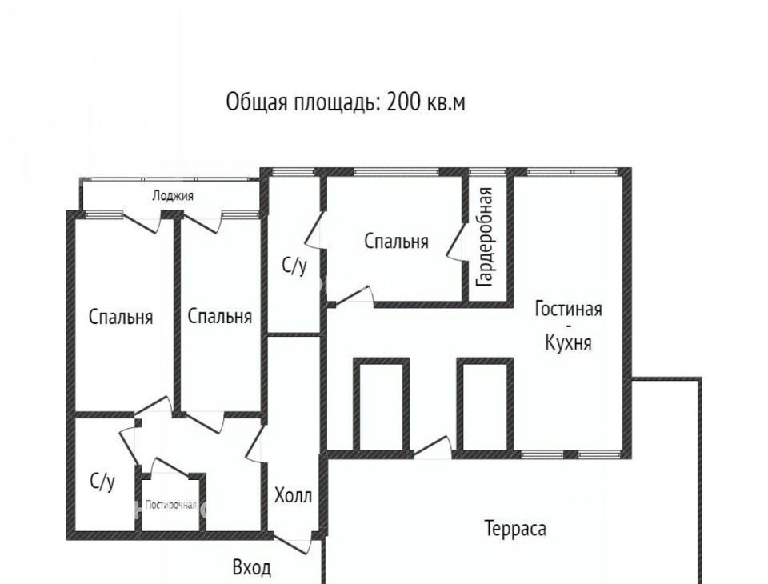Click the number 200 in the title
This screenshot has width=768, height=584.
[x=403, y=102]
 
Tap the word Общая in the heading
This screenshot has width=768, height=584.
[x=257, y=103]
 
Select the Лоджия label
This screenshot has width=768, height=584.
[x=173, y=196]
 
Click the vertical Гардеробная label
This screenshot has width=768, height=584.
[x=486, y=237]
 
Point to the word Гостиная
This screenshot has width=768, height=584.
[x=568, y=309]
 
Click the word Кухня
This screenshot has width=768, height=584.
[x=568, y=342]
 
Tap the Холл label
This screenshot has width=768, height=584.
[x=293, y=495]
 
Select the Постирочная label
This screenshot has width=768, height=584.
[x=171, y=505]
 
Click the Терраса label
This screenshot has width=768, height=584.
[x=515, y=529]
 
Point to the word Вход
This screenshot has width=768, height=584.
[x=251, y=568]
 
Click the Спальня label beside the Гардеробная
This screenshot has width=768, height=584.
[x=396, y=241]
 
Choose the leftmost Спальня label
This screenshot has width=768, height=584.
[x=121, y=317]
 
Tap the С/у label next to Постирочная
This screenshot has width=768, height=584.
[x=102, y=482]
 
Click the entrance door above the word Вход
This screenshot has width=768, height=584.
[x=293, y=545]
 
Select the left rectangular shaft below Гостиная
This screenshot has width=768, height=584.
[x=381, y=404]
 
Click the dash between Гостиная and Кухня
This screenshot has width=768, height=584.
[x=568, y=326]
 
